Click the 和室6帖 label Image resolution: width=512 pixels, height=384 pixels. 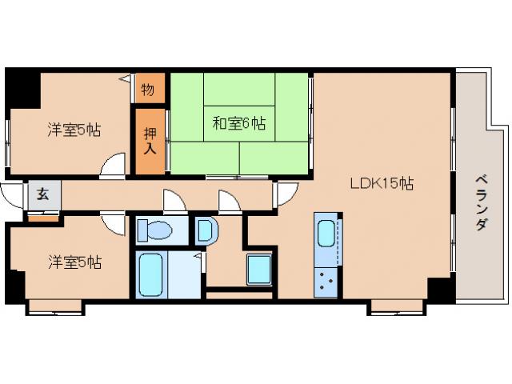(x=239, y=123)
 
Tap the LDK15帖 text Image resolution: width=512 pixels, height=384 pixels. (x=381, y=182)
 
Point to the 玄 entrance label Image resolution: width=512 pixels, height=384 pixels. (x=38, y=194)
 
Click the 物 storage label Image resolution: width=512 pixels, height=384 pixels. (x=149, y=88)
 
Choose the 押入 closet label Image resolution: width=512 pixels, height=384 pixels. (x=150, y=140)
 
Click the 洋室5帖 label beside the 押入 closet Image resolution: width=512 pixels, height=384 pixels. (x=74, y=130)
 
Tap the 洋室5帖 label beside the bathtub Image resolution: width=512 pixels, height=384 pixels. (x=74, y=261)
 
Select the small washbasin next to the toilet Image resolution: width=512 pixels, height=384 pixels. (x=204, y=232)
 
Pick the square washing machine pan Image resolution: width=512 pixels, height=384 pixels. (x=259, y=269)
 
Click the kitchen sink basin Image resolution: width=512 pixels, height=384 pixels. (x=326, y=234)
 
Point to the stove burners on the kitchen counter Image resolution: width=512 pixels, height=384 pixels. (x=326, y=280)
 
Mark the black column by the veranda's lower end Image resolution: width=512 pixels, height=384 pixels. (x=439, y=288)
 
